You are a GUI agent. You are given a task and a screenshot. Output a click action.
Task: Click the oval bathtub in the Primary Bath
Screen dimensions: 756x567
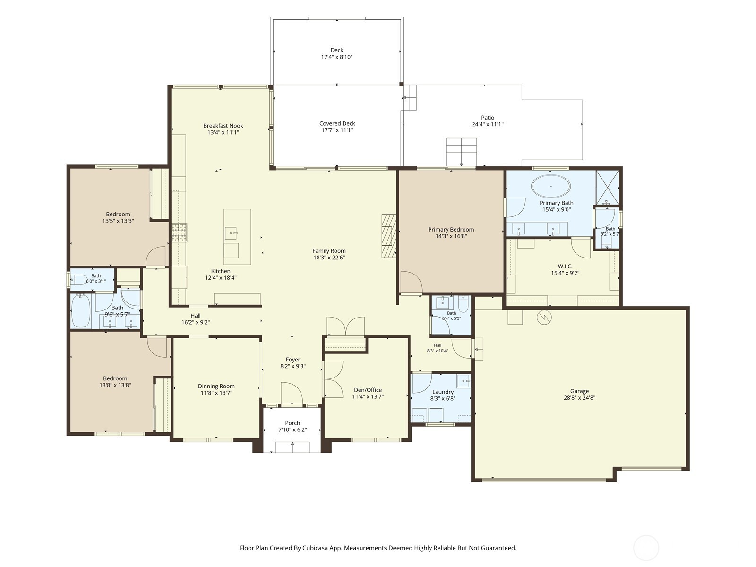coord(551,186)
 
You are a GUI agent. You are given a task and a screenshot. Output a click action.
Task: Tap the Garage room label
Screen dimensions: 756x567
coord(579,391)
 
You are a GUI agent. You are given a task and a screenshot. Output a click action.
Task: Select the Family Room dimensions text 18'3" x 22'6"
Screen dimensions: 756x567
coord(329,257)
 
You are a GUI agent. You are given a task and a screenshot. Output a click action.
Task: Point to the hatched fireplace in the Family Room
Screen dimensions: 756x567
coord(389,236)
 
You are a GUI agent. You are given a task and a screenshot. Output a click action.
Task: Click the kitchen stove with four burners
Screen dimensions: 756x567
coord(180,233)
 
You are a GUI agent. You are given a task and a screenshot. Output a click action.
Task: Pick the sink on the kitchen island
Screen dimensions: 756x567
coord(231,233)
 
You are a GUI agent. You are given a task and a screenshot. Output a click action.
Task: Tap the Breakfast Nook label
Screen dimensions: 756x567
coord(223,126)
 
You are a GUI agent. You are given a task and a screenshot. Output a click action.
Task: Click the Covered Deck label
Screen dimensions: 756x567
coord(337,123)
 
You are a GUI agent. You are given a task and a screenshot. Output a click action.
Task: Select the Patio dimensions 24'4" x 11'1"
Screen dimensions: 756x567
coord(488,124)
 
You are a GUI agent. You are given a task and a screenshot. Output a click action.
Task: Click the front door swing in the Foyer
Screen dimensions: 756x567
coord(292,393)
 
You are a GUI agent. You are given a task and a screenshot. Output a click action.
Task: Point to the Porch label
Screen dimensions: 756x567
coord(292,423)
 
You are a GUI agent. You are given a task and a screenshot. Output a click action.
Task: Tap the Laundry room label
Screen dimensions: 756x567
coord(443,392)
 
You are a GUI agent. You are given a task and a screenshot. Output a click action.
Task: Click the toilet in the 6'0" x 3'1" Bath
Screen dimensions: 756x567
coord(78,280)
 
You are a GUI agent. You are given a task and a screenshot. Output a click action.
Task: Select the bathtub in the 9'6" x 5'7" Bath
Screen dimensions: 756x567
coord(81,311)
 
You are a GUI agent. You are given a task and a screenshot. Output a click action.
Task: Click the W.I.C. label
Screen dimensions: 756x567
coord(565,266)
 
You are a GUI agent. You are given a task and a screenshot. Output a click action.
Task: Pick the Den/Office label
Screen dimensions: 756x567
coord(368,390)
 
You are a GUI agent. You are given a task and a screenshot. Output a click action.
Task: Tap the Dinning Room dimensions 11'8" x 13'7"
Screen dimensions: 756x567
coord(216,393)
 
